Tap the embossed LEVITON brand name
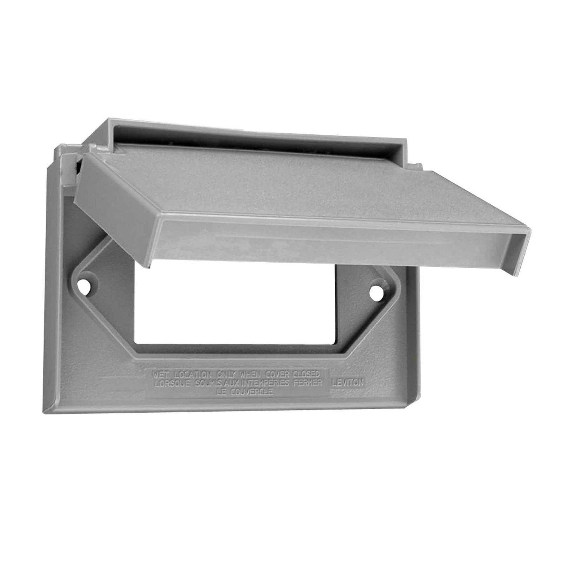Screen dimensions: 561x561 (347, 383)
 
